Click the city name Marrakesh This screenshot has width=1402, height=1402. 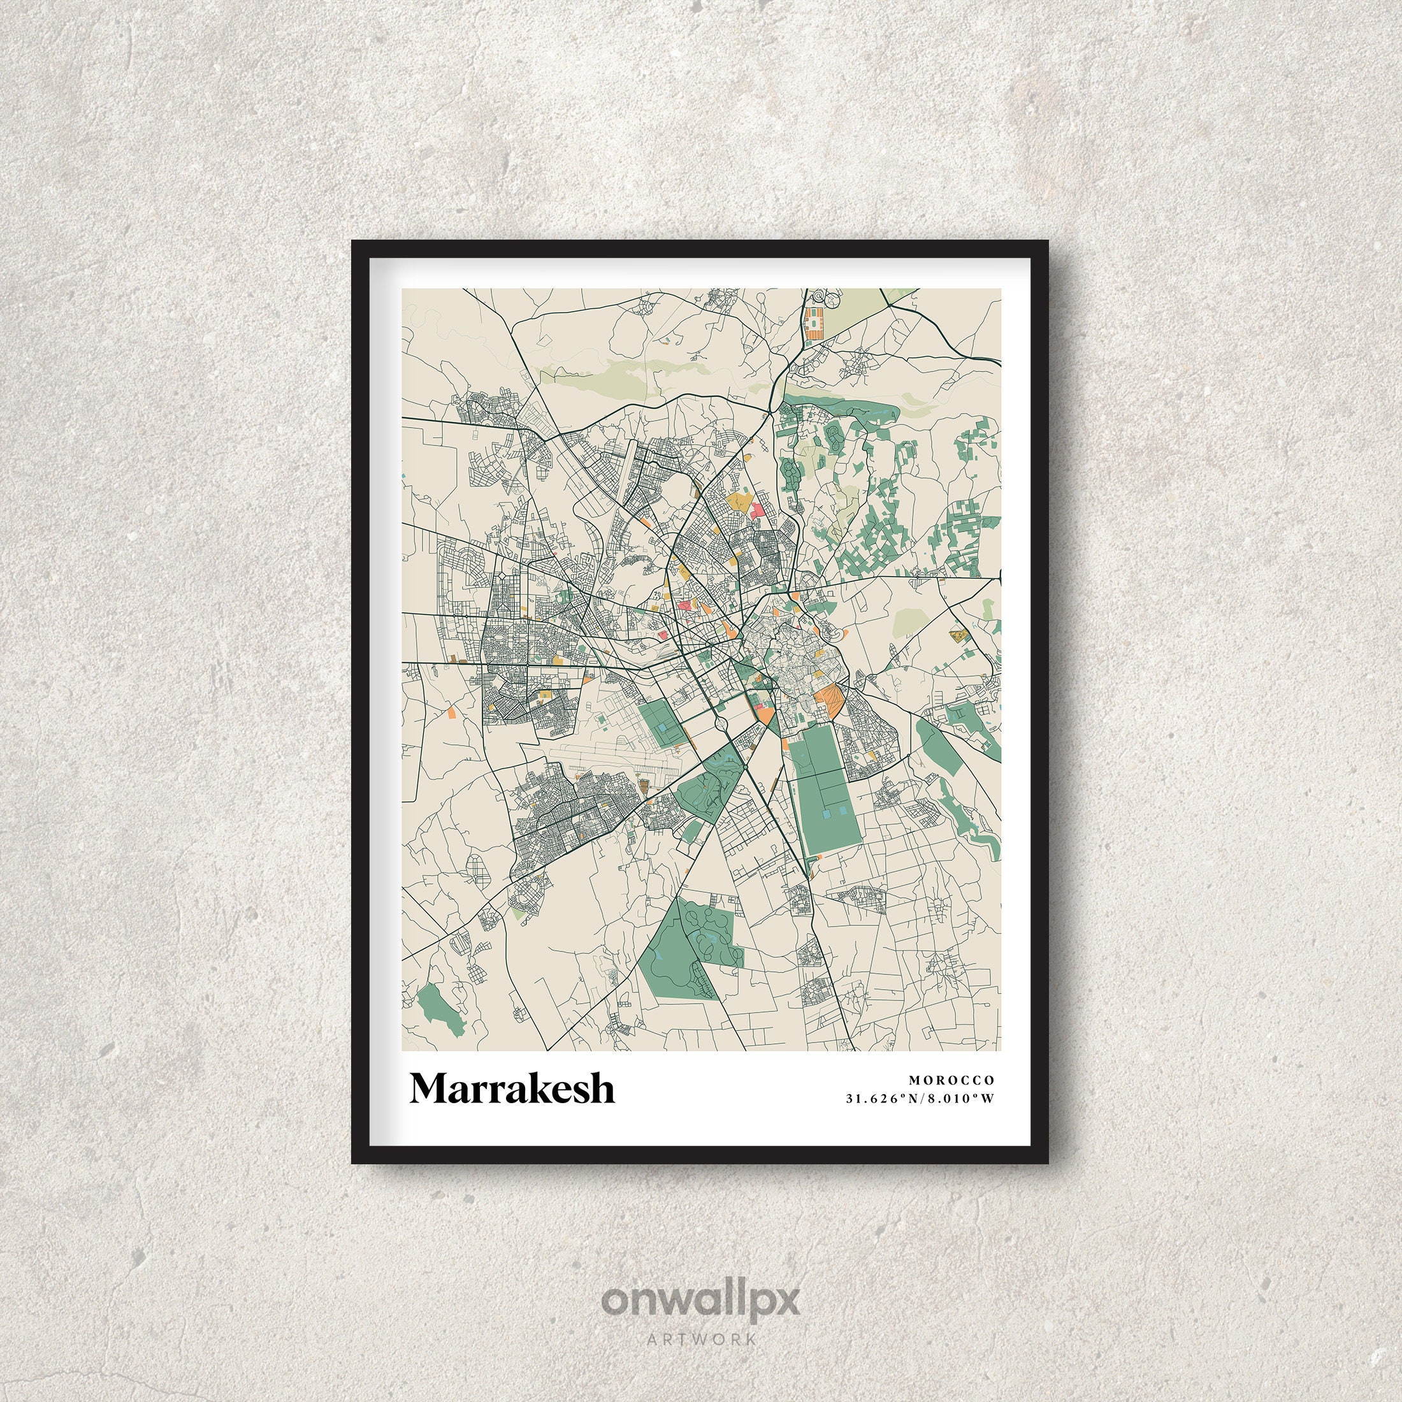coord(512,1088)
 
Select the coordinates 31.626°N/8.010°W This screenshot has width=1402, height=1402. coord(920,1098)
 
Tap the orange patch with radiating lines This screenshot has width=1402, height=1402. coord(827,698)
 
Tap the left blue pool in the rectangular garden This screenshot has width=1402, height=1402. coord(828,815)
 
